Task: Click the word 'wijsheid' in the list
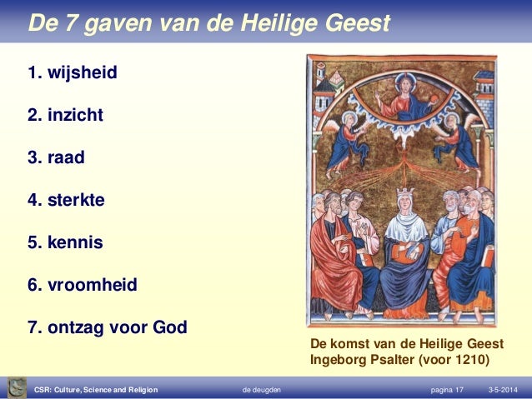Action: click(82, 73)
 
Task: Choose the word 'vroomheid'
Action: click(92, 286)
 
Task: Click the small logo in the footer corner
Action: click(15, 387)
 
